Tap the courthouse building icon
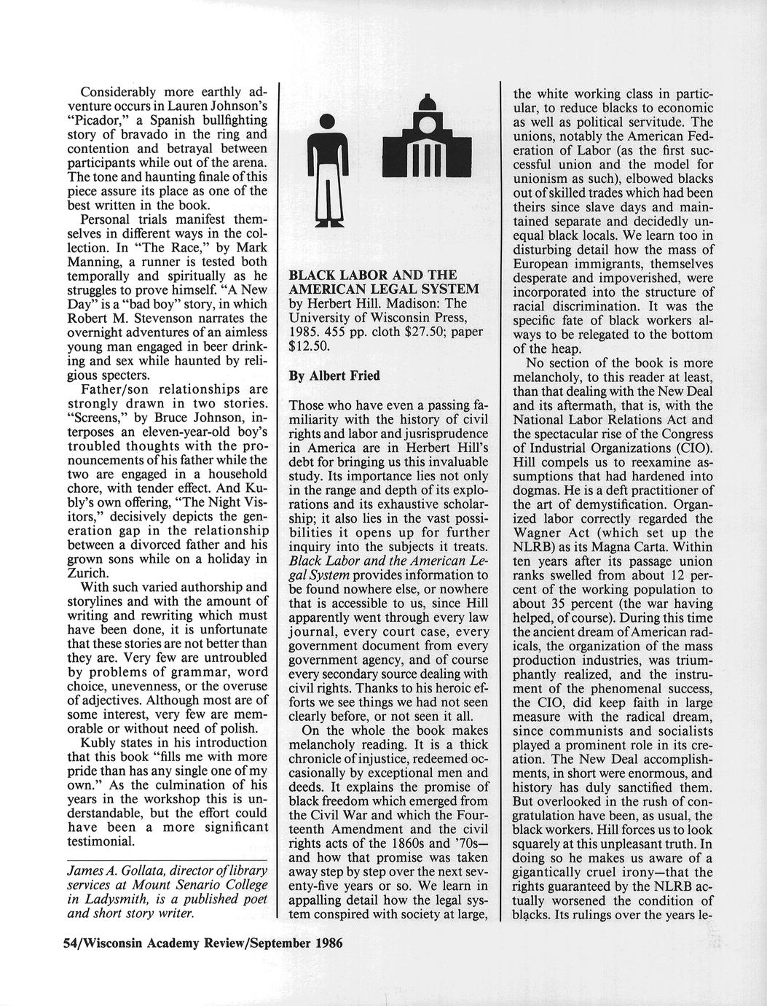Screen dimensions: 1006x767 click(421, 139)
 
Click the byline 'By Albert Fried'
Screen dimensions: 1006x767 click(334, 376)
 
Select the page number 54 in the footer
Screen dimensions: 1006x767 click(71, 942)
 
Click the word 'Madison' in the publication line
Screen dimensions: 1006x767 click(412, 303)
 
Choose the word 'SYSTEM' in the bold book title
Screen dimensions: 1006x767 click(438, 289)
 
